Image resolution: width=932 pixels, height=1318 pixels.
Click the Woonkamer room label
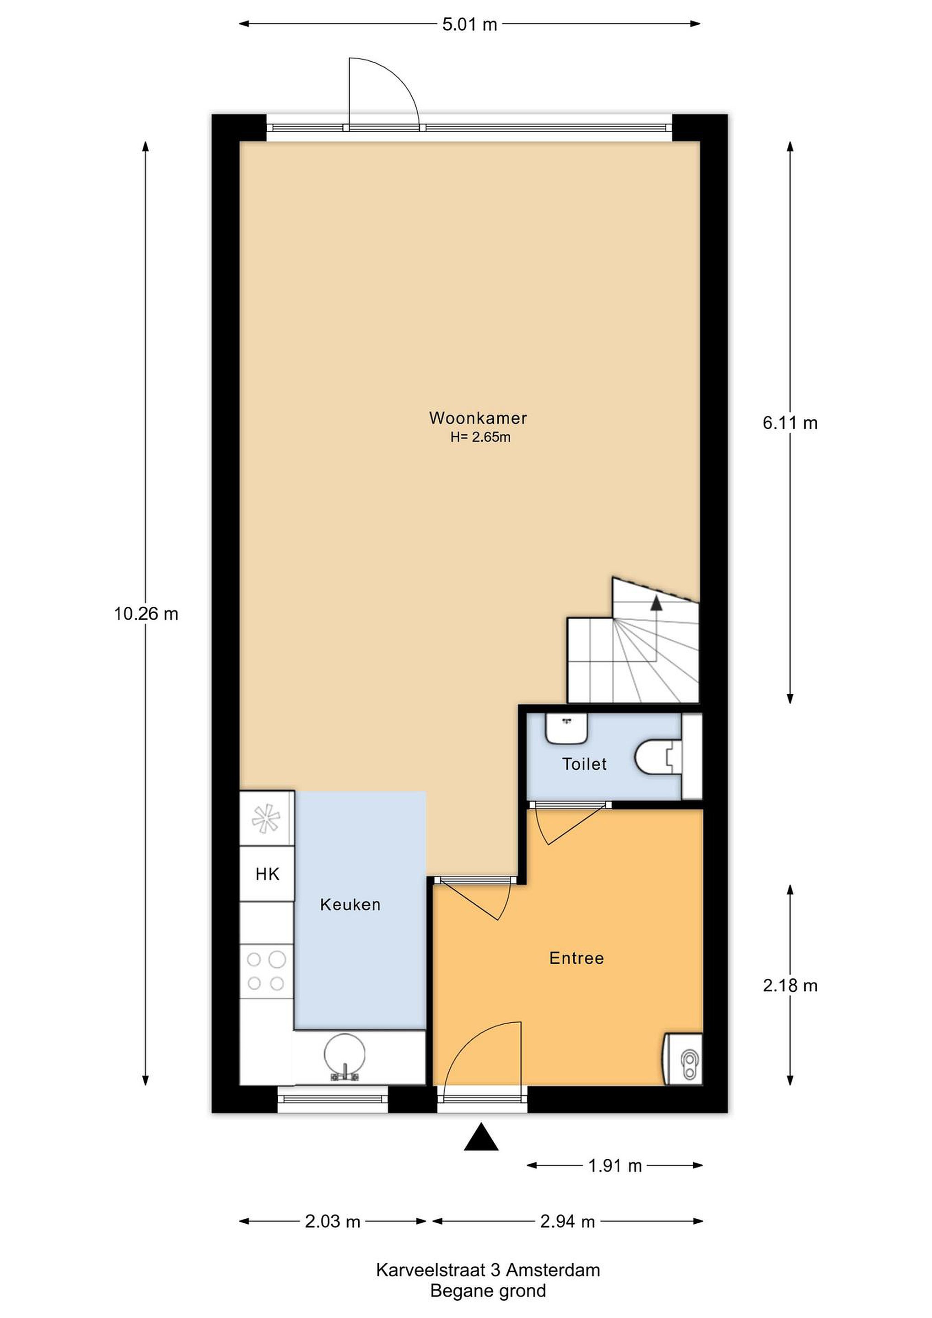(478, 418)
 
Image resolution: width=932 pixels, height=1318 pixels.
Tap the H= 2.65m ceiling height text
(480, 438)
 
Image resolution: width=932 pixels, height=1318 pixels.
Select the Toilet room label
(584, 764)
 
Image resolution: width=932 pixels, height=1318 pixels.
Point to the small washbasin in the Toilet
(566, 729)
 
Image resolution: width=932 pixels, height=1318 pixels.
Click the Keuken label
(350, 905)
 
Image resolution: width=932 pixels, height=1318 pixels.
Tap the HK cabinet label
(268, 874)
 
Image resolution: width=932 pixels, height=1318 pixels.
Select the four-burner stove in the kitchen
(266, 971)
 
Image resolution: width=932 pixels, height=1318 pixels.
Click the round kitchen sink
(345, 1055)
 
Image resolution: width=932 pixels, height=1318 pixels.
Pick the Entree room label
(577, 958)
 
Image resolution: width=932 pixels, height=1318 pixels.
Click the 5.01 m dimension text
(469, 25)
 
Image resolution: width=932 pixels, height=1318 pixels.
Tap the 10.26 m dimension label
(146, 614)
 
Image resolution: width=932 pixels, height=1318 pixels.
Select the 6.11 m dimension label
(790, 423)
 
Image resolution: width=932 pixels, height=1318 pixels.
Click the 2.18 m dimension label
(790, 986)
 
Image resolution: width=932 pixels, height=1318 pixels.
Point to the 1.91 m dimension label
(614, 1166)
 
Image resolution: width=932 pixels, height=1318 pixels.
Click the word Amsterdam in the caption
(553, 1270)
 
